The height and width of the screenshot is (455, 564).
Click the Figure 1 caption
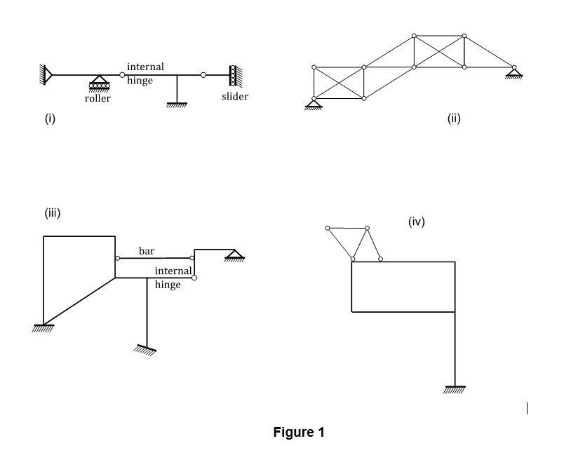(299, 433)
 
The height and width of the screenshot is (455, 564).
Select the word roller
(98, 99)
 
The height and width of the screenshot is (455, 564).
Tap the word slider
(234, 97)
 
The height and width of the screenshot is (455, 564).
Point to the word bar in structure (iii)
(147, 250)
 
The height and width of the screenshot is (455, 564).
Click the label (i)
(50, 118)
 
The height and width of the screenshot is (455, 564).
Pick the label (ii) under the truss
(454, 118)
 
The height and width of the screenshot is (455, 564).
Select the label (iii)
(53, 213)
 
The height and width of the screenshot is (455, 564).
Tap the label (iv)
(417, 222)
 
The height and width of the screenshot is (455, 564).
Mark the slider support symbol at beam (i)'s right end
(233, 74)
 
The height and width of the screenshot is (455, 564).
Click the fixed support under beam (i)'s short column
(177, 104)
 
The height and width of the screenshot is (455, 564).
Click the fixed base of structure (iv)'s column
(455, 390)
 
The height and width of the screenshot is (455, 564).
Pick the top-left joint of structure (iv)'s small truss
(328, 228)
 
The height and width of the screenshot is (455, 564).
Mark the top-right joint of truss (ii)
(464, 35)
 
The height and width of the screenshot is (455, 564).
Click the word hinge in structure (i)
(140, 81)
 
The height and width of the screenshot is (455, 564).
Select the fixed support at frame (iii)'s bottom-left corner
(43, 328)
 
